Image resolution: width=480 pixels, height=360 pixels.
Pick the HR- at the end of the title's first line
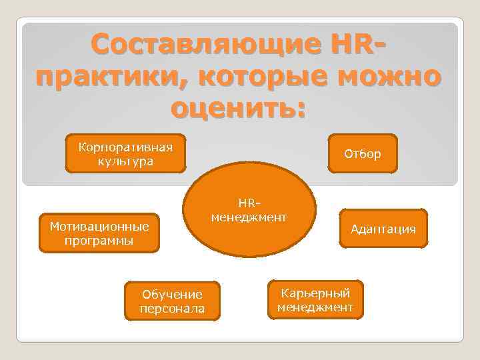(355, 45)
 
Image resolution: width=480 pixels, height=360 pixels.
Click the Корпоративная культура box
(125, 153)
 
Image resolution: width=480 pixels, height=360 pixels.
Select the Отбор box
(362, 154)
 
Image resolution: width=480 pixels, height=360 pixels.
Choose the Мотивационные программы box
(99, 233)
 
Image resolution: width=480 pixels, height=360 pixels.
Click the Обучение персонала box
(172, 301)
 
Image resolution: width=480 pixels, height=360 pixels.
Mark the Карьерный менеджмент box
(315, 299)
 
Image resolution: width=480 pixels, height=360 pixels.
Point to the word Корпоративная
(125, 147)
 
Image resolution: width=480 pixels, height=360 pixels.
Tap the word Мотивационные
(99, 226)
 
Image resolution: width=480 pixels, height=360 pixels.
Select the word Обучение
(172, 294)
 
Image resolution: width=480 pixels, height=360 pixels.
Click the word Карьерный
(315, 293)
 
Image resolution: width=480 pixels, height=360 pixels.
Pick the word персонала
(172, 309)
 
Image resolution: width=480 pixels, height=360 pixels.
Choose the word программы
(99, 240)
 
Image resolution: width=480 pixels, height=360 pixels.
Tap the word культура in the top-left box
(125, 161)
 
